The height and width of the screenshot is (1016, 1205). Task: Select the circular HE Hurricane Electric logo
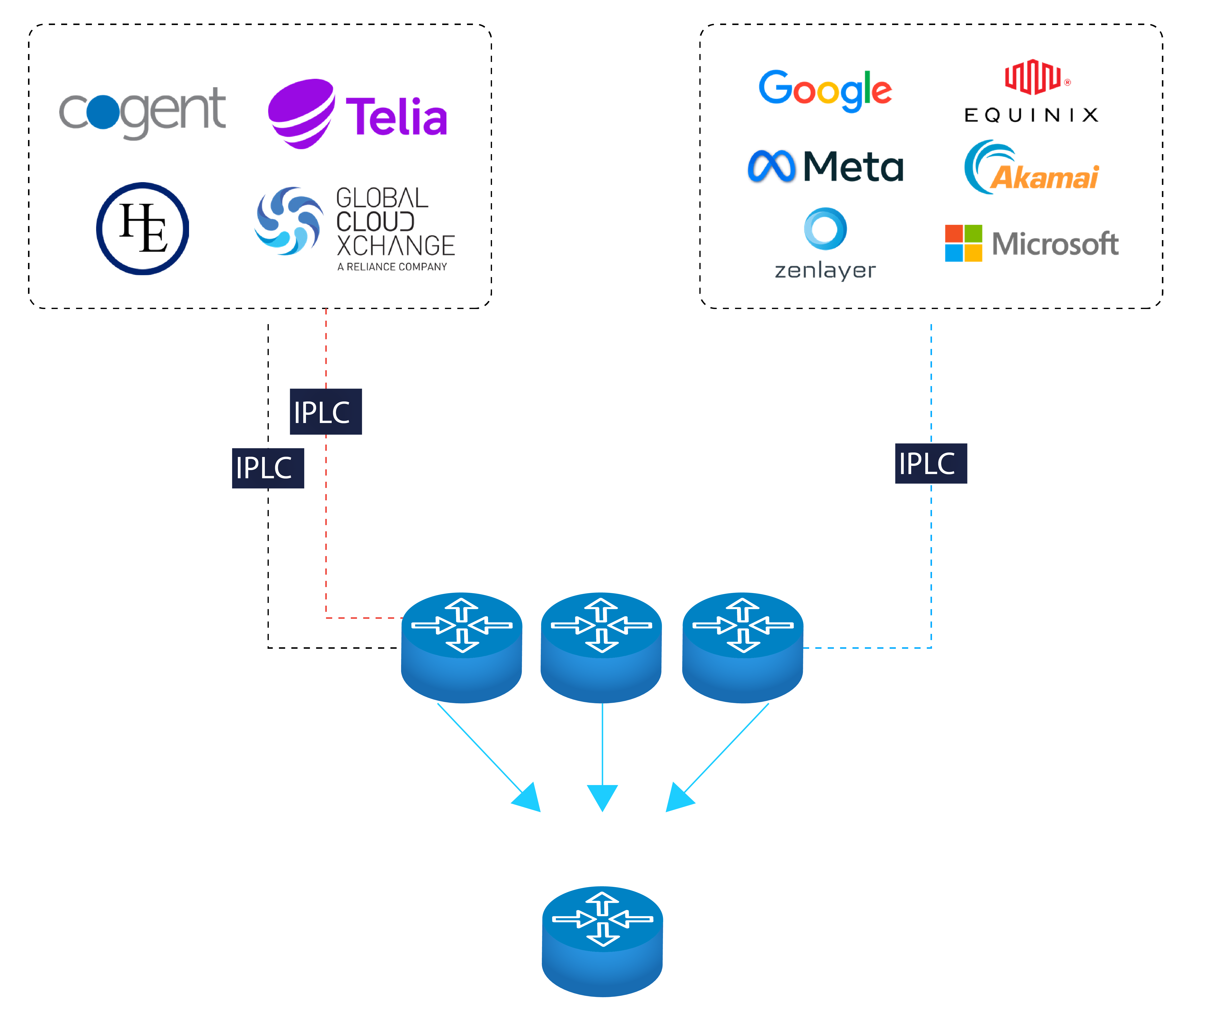click(x=142, y=229)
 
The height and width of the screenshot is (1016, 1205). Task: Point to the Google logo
click(x=825, y=90)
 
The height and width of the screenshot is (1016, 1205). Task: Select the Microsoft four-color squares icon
click(x=963, y=243)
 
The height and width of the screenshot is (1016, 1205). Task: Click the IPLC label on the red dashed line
click(x=326, y=412)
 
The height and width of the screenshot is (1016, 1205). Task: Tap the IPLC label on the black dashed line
click(x=268, y=468)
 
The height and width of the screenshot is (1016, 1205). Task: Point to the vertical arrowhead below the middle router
click(x=602, y=796)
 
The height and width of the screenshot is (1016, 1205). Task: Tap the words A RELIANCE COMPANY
click(x=392, y=267)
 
